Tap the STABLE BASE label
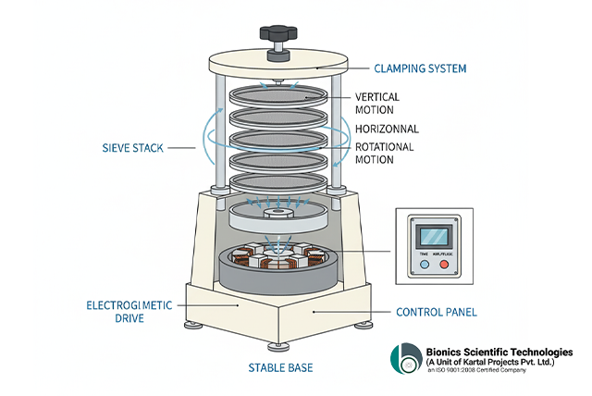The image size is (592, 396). [280, 367]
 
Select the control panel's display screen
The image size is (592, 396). [435, 235]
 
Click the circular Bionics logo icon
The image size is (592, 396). [407, 359]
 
